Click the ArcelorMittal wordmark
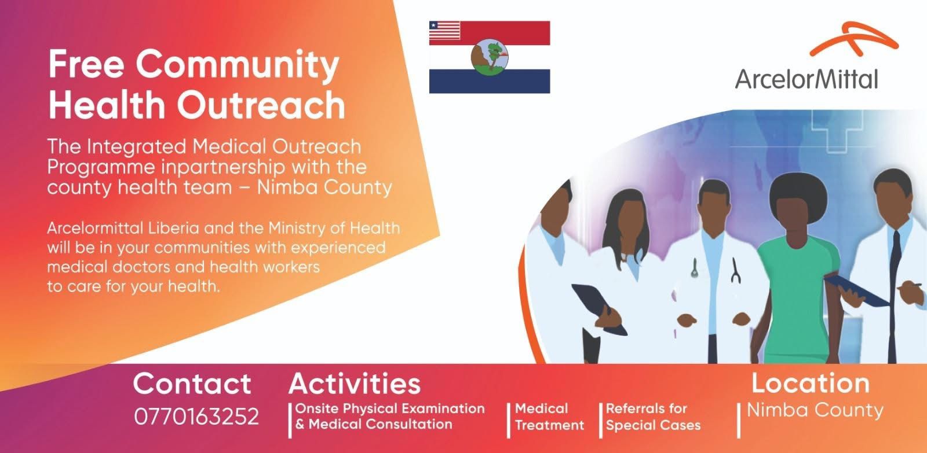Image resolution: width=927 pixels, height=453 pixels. click(806, 79)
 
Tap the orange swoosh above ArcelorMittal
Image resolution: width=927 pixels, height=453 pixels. click(852, 39)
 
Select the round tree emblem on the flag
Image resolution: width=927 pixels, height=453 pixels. click(490, 57)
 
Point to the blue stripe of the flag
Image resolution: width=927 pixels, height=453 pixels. click(490, 81)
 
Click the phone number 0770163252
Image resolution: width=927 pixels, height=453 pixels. click(196, 416)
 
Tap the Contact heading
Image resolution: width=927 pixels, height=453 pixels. click(192, 384)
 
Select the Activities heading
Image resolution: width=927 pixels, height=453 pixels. click(354, 384)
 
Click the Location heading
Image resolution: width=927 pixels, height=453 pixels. click(811, 383)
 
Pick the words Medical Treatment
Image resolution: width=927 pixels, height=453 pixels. click(549, 417)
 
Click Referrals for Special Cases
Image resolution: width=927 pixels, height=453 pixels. click(653, 417)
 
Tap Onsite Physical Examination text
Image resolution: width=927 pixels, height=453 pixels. click(390, 409)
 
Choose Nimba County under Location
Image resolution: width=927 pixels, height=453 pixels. click(815, 410)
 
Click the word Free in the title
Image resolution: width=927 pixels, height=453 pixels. click(86, 64)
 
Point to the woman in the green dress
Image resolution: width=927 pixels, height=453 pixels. click(797, 268)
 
